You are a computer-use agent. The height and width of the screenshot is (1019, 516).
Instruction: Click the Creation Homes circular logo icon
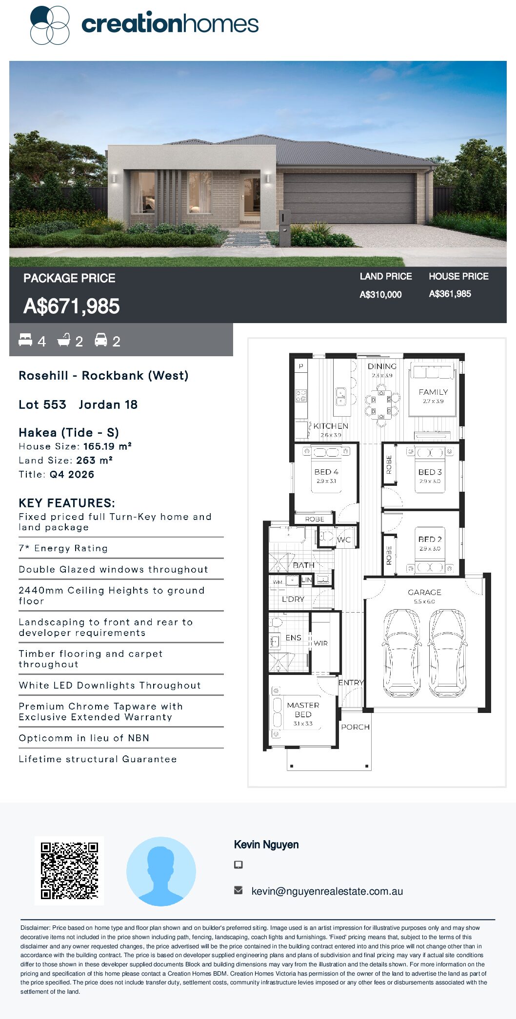(50, 25)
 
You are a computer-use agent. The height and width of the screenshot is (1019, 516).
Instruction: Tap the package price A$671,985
(72, 307)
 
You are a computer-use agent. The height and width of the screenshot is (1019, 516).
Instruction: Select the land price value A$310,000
(380, 294)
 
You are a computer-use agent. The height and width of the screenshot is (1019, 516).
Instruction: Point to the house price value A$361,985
(450, 294)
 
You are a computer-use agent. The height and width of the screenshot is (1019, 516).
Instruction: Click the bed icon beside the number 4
(25, 340)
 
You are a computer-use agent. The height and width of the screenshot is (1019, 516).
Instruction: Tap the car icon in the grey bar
(101, 340)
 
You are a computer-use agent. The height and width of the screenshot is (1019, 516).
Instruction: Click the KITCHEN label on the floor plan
(331, 426)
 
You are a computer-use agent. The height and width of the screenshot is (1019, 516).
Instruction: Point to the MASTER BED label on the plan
(303, 710)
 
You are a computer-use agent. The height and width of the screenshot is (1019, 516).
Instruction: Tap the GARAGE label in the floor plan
(424, 592)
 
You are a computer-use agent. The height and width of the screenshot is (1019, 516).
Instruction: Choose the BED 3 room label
(430, 472)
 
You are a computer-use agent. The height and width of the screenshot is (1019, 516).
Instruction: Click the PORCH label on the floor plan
(355, 727)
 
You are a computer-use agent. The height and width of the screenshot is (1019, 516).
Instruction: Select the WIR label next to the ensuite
(320, 643)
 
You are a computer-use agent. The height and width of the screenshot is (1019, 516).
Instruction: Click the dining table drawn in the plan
(381, 405)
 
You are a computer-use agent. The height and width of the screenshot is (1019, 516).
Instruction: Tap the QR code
(69, 870)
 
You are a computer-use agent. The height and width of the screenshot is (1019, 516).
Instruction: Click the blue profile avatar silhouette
(161, 871)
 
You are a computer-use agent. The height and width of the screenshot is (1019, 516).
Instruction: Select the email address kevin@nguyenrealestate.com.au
(327, 891)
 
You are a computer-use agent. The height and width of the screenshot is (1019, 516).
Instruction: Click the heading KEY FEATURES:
(67, 503)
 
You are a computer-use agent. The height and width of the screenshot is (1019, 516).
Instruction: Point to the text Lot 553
(42, 404)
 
